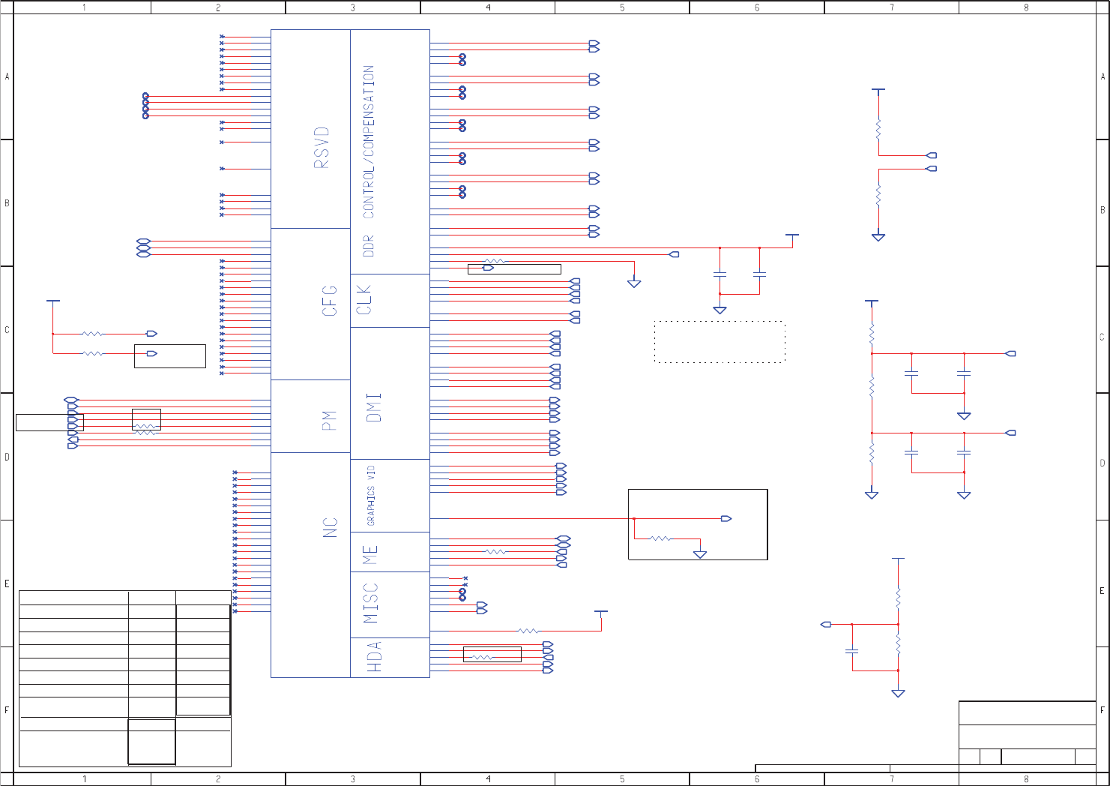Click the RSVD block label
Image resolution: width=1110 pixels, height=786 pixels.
coord(321,147)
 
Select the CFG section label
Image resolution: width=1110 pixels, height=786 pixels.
coord(330,301)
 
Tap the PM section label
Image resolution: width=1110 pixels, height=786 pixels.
coord(329,420)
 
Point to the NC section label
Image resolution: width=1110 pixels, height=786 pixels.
coord(331,527)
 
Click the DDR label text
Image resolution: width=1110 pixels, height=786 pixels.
coord(368,246)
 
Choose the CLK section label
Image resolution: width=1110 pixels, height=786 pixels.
coord(364,299)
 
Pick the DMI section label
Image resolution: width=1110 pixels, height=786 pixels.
coord(374,407)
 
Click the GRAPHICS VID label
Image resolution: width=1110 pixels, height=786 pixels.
coord(371,495)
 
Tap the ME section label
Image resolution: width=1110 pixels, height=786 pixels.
coord(370,555)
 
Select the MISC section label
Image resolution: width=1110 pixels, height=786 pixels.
coord(371,603)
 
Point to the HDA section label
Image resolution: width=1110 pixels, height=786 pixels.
coord(375,656)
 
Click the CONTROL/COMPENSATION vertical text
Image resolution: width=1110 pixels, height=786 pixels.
coord(368,142)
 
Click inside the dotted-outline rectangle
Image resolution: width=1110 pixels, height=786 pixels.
coord(720,342)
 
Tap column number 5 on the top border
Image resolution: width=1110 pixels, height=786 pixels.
coord(622,7)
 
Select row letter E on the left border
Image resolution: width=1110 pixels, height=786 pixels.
coord(7,583)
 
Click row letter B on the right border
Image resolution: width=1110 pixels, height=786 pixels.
coord(1103,210)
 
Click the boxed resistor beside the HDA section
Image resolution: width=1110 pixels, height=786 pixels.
coord(483,657)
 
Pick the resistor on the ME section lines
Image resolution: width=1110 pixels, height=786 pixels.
coord(495,552)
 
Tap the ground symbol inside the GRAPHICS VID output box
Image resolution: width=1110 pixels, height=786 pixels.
coord(700,554)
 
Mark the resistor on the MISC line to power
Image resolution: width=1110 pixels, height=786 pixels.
coord(528,631)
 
